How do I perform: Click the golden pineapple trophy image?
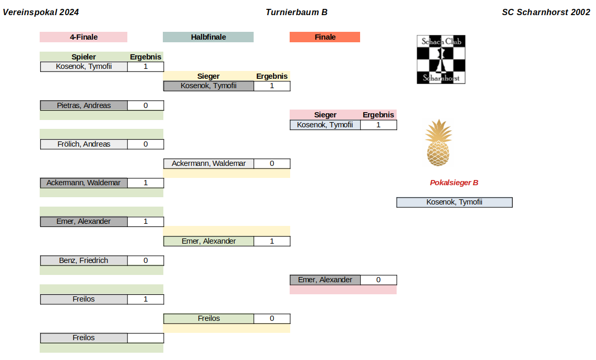coord(438,142)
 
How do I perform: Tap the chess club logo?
coord(441,59)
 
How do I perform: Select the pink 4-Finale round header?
coord(84,37)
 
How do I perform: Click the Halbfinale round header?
coord(208,37)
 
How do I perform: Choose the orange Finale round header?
coord(325,37)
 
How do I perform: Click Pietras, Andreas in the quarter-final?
coord(84,105)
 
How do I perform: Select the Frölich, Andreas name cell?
coord(84,144)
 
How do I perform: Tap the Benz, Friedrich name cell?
coord(84,260)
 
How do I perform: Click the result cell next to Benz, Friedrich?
coord(146,260)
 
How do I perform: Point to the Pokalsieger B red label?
coord(454,183)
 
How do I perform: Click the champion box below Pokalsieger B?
coord(454,202)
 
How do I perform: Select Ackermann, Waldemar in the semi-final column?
coord(209,163)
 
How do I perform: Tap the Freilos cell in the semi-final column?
coord(209,319)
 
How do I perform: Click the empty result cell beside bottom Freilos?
coord(146,338)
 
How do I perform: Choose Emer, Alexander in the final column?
coord(325,280)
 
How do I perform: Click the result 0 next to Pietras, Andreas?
coord(146,105)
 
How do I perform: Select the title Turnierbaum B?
coord(296,12)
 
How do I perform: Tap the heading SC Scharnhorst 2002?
coord(546,12)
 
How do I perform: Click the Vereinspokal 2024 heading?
coord(41,12)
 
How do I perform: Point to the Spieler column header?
coord(84,57)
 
